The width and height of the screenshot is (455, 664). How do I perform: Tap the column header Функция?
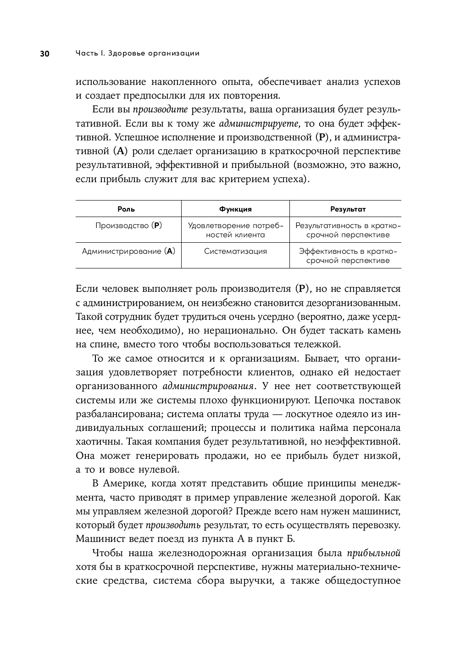(x=235, y=209)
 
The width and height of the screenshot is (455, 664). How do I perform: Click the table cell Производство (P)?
(x=128, y=226)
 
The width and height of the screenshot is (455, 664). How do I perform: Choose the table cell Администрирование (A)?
(x=128, y=251)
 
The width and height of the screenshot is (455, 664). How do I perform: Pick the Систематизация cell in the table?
(x=235, y=251)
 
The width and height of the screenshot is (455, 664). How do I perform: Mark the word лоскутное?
(x=307, y=414)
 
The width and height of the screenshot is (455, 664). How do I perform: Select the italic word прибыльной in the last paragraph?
(x=374, y=553)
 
